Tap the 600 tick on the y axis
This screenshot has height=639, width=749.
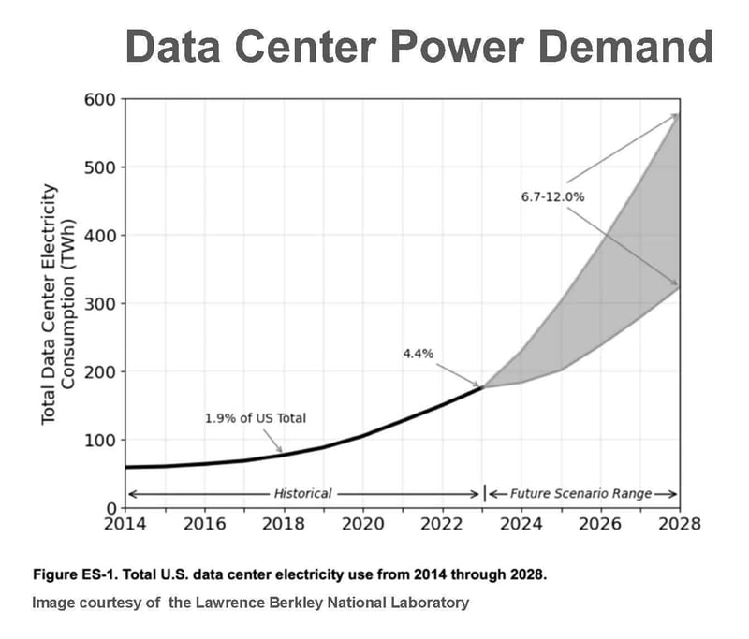point(99,100)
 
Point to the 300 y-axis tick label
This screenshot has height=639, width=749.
point(99,304)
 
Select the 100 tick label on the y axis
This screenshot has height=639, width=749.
point(99,440)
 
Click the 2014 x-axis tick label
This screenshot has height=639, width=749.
point(125,523)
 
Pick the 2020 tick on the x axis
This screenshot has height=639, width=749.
point(362,523)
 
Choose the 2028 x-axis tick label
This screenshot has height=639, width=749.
point(678,523)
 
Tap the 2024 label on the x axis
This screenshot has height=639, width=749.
point(521,523)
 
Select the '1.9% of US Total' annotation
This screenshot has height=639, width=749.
point(256,418)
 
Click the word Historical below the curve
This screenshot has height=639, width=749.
point(302,493)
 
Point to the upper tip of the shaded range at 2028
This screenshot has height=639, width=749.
point(678,115)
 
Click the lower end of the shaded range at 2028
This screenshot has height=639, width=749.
point(678,286)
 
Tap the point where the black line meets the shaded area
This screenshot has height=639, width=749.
point(482,385)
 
